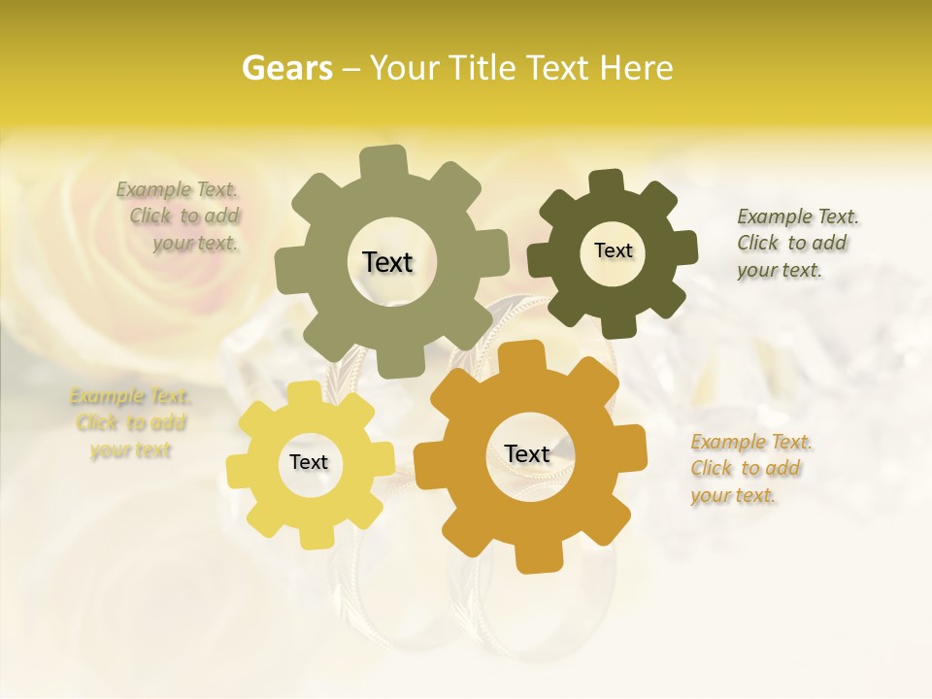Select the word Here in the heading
click(x=636, y=68)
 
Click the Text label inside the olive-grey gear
click(x=387, y=262)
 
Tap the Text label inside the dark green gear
click(x=613, y=250)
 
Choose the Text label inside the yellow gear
click(x=309, y=462)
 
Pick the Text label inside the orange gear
click(x=527, y=453)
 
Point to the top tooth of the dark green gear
click(x=607, y=182)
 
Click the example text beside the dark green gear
click(x=796, y=243)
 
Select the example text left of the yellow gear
click(x=131, y=423)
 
